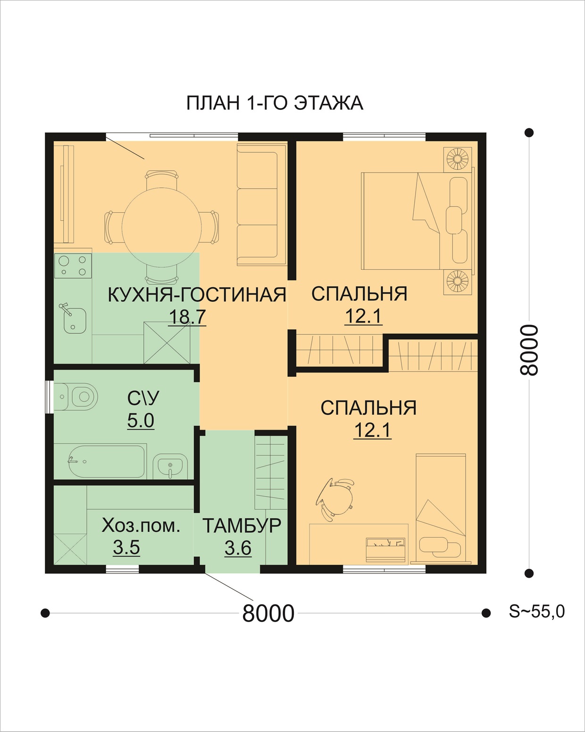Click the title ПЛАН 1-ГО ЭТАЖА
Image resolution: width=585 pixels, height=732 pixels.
pos(275,103)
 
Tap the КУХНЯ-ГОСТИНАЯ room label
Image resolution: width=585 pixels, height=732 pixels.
pos(197,295)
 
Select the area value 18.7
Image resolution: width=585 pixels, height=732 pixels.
pos(187,316)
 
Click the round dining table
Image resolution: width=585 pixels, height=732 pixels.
pos(162,227)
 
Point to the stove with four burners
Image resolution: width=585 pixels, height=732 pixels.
pos(73,266)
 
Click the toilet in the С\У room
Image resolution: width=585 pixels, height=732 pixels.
pos(76,397)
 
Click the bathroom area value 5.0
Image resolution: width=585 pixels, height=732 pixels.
pos(141,420)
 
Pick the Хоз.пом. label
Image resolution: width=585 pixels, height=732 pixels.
pos(141,526)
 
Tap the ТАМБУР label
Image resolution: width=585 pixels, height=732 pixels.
pos(242,525)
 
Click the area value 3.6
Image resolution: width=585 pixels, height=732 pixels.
pos(238,548)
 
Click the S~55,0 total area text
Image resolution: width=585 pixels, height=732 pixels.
pos(537,611)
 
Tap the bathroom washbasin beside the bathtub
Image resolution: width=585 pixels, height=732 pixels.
pos(170,466)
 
